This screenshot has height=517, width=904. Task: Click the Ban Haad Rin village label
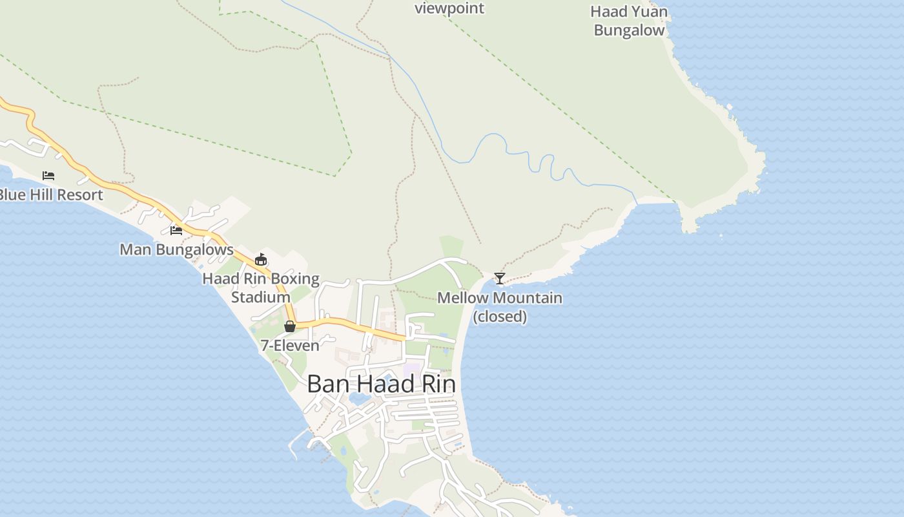tap(381, 384)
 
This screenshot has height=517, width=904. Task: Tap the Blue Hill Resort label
tap(50, 195)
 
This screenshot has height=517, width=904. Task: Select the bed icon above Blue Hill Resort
tap(48, 176)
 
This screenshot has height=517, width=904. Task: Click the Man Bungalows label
tap(176, 249)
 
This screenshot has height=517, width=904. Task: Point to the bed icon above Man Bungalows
tap(176, 230)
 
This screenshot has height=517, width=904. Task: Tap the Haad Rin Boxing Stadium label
tap(261, 288)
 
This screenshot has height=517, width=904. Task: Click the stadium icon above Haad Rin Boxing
tap(261, 260)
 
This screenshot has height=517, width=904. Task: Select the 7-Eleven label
tap(290, 345)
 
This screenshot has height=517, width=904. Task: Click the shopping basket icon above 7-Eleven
tap(290, 326)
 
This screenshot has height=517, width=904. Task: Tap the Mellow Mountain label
tap(500, 298)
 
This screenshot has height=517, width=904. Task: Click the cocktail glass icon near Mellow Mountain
tap(500, 279)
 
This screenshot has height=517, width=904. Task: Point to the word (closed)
tap(500, 317)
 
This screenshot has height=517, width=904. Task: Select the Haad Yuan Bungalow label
tap(629, 21)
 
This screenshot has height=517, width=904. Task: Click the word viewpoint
tap(449, 8)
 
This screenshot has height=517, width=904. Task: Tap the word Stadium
tap(261, 297)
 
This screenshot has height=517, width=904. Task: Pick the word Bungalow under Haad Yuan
tap(629, 30)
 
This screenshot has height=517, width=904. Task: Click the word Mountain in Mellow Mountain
tap(528, 298)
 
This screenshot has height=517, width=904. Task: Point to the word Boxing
tap(295, 279)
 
